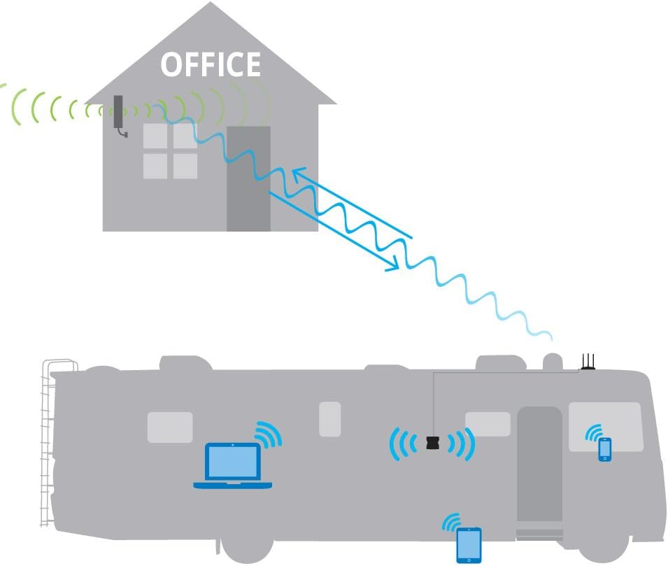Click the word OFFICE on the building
tap(211, 64)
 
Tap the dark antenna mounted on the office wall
tap(119, 113)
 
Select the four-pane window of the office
tap(170, 151)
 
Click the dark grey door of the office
tap(248, 178)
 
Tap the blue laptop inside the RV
tap(233, 465)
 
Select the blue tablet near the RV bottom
tap(469, 546)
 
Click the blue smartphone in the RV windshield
tap(605, 449)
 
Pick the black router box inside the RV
tap(433, 442)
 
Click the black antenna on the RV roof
tap(588, 362)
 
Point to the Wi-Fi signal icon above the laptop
tap(269, 434)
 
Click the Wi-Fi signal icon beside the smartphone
tap(594, 432)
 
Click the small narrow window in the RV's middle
tap(329, 419)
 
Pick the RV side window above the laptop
tap(170, 427)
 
